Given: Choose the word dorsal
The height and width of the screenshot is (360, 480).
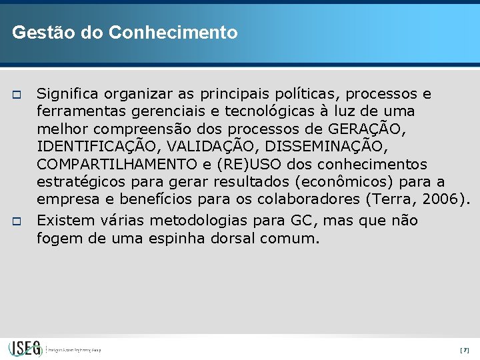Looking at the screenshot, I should pyautogui.click(x=233, y=238).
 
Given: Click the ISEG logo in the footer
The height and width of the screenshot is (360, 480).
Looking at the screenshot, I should pyautogui.click(x=25, y=348).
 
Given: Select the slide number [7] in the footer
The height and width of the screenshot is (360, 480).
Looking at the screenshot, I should pyautogui.click(x=465, y=350).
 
